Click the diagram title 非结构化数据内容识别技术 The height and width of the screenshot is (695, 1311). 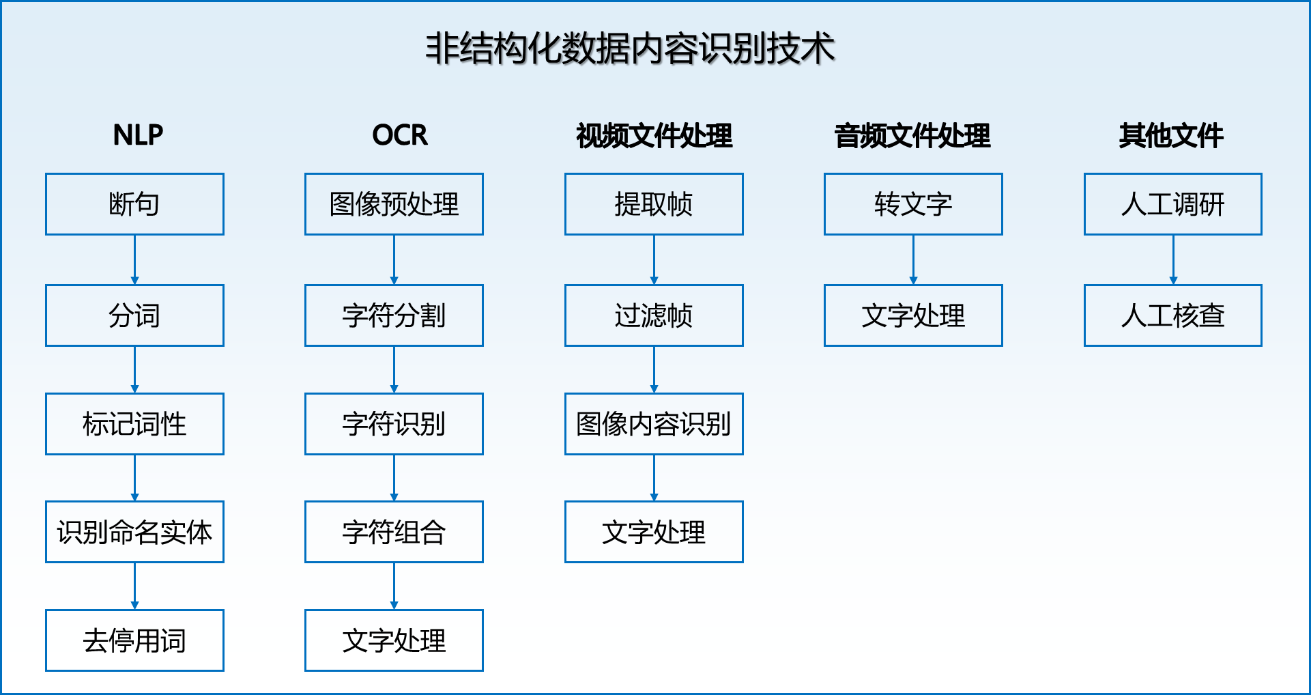630,48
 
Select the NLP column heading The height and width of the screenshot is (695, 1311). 138,135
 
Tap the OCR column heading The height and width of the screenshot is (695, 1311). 400,135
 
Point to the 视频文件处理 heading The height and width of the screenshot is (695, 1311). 654,135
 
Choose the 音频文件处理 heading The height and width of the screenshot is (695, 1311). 912,135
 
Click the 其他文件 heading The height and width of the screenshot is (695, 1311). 1171,135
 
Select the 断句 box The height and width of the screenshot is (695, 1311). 134,204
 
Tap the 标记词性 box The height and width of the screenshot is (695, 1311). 134,424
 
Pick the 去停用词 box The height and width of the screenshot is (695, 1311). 134,640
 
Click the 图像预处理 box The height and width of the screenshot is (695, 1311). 394,204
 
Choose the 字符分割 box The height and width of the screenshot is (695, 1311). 394,315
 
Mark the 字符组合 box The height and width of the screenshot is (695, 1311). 394,532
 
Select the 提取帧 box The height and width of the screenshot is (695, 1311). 654,204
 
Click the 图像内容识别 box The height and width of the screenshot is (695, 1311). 654,424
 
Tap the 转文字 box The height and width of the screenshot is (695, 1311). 913,204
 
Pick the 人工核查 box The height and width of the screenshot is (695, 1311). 1173,315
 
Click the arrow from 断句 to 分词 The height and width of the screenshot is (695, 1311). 134,260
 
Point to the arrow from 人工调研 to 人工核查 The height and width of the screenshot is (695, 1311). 1173,260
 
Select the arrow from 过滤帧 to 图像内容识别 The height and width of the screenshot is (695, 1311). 654,370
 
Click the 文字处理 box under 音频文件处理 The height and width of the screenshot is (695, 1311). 913,315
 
